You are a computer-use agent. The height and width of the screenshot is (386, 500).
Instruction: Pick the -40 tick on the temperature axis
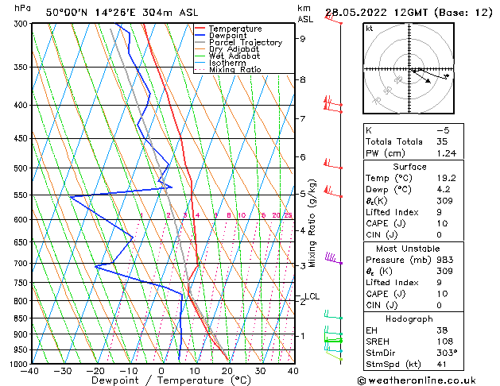click(32, 371)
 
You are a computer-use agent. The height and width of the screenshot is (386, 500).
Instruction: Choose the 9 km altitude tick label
click(303, 38)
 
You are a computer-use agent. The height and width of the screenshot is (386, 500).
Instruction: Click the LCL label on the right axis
click(312, 296)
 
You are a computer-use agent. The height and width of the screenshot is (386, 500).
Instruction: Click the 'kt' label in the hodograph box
click(370, 29)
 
